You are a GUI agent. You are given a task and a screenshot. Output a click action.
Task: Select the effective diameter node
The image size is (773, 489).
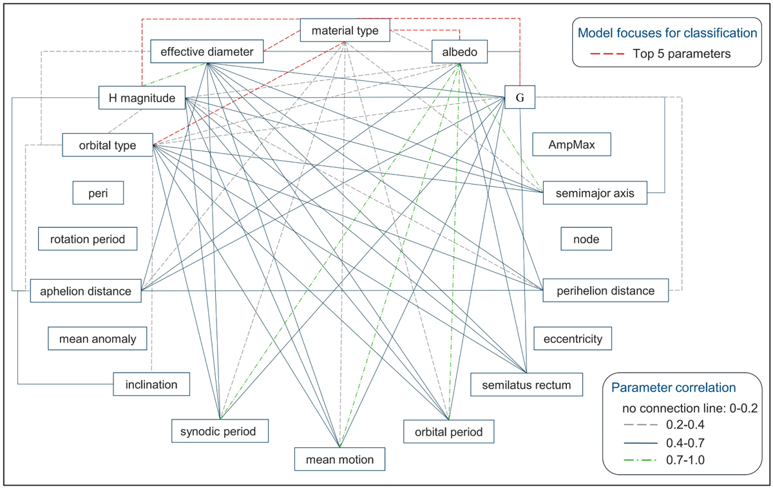(207, 51)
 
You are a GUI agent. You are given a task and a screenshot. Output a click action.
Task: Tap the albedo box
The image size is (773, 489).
(459, 52)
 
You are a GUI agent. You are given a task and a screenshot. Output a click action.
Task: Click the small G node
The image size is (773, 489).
(519, 98)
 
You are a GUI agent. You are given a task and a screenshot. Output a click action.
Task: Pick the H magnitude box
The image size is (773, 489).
(142, 98)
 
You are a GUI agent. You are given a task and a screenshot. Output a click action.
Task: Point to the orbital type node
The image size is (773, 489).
(108, 145)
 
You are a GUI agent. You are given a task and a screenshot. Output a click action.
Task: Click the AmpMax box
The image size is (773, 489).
(571, 145)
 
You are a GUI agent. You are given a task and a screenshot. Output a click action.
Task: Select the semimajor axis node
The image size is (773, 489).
(595, 192)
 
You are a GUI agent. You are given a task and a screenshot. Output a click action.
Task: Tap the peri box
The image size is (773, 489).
(98, 192)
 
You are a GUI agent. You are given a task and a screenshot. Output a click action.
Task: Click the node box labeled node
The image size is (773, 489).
(586, 239)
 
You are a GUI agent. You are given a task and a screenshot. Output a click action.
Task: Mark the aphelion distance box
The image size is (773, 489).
(86, 291)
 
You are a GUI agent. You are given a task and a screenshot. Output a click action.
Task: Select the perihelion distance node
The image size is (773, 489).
(606, 291)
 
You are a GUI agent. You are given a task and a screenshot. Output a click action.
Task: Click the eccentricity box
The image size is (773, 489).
(572, 338)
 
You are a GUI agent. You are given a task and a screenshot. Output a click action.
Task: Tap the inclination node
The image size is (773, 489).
(152, 385)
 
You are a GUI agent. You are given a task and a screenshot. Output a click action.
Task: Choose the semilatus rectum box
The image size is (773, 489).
(526, 385)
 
